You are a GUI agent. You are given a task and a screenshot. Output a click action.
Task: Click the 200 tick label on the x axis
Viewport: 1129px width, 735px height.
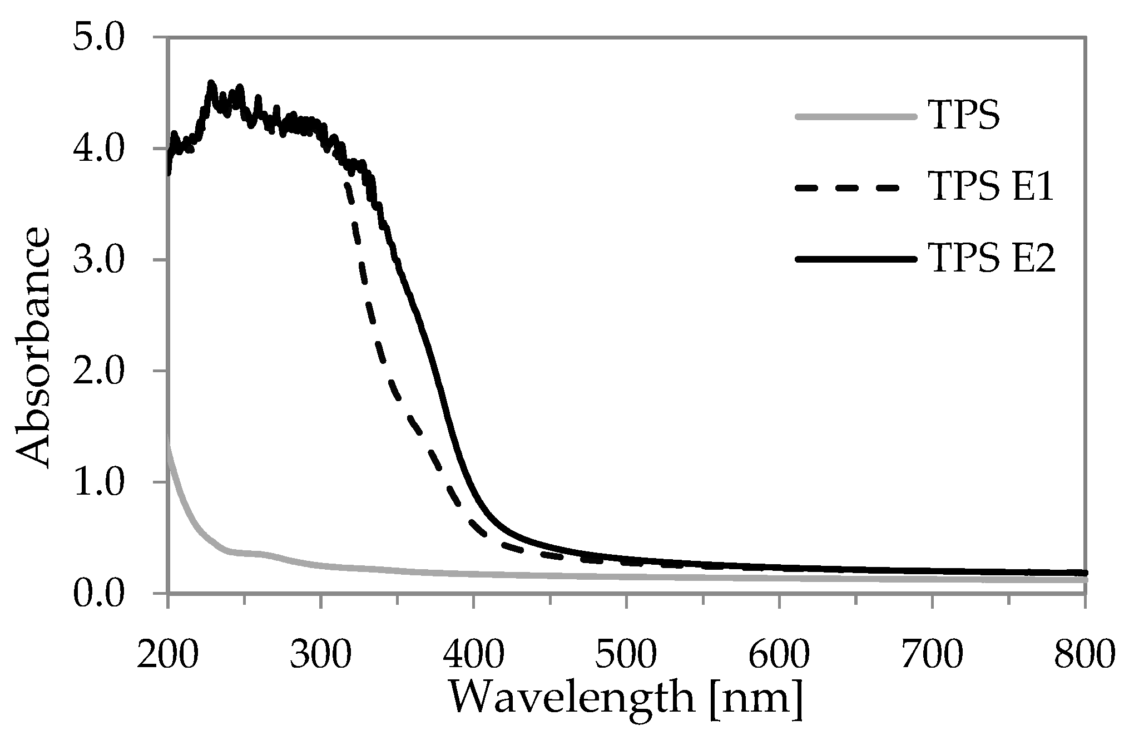167,654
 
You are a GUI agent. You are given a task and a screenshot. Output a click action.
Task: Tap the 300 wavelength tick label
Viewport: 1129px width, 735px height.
320,654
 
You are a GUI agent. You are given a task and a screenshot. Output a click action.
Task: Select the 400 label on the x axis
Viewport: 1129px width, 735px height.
473,654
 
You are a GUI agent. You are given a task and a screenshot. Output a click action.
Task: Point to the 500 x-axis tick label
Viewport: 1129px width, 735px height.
626,654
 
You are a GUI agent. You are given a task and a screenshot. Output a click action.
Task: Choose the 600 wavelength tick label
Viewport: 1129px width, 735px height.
779,654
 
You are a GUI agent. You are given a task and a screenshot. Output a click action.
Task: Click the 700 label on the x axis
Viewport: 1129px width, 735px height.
932,654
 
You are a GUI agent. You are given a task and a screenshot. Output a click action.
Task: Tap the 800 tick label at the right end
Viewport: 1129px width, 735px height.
1085,654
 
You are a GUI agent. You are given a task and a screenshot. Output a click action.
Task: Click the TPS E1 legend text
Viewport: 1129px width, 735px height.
991,189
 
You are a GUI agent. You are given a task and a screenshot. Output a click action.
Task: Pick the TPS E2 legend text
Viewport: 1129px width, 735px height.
991,260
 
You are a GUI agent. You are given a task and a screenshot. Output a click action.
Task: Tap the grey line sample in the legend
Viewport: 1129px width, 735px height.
856,117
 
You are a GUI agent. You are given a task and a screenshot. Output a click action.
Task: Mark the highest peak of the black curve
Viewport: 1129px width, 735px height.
211,83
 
